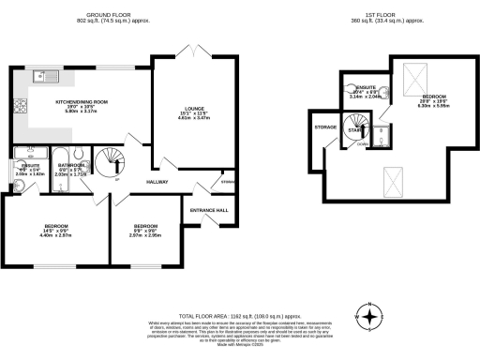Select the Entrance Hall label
210,210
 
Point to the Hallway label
156,181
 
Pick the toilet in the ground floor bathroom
82,156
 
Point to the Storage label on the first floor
325,127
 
